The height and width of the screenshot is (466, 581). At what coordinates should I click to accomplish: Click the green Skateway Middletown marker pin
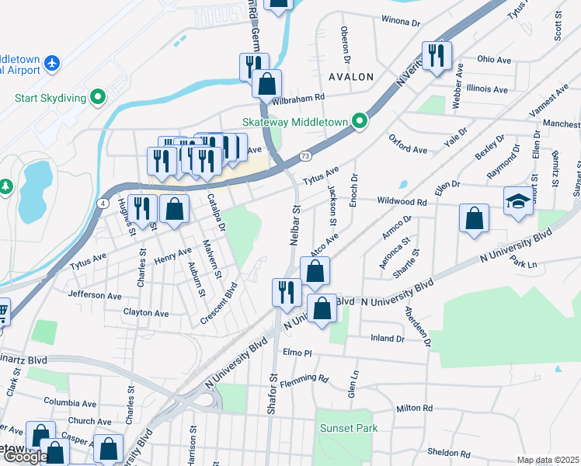(x=359, y=121)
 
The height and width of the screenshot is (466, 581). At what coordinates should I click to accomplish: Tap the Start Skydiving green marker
(x=97, y=98)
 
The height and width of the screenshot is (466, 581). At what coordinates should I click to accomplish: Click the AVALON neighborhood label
(x=351, y=77)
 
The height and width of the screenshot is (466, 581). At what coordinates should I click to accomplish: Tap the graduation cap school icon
(x=518, y=201)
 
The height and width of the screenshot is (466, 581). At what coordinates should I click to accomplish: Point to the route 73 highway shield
(x=305, y=156)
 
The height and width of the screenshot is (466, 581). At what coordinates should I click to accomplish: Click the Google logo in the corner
(x=25, y=457)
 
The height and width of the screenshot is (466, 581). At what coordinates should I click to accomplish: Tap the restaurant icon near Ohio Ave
(x=436, y=55)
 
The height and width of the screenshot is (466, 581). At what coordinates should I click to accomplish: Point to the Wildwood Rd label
(x=402, y=202)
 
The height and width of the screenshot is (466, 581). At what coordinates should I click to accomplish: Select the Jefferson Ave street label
(x=95, y=295)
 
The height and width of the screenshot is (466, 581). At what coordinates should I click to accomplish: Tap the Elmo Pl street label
(x=297, y=353)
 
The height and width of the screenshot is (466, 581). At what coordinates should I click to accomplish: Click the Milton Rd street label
(x=413, y=408)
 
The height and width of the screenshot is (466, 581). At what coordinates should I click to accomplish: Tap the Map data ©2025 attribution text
(x=548, y=460)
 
